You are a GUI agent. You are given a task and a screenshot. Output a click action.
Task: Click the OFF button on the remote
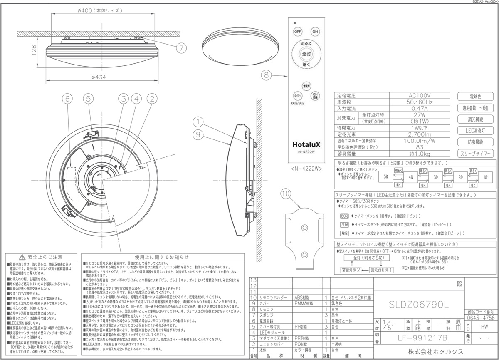click(x=298, y=32)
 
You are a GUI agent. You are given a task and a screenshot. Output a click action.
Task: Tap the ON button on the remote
click(x=315, y=32)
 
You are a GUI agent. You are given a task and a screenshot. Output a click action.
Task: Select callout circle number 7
click(x=180, y=48)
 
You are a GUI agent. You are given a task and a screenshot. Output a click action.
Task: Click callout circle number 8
click(x=267, y=75)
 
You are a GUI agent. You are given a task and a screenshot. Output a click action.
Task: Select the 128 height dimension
click(x=33, y=50)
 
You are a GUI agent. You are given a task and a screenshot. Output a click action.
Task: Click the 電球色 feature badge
click(x=476, y=97)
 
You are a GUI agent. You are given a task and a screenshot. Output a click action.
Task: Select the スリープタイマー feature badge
click(x=476, y=154)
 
